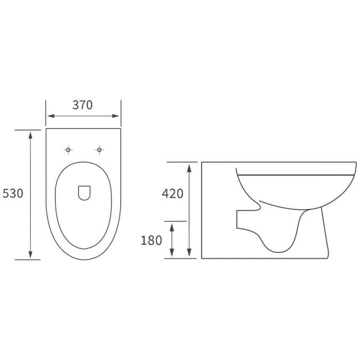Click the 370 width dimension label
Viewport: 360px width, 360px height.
[83, 105]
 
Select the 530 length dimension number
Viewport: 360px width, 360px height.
[13, 194]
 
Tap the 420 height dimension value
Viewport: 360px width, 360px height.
[172, 194]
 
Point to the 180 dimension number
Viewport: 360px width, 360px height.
[151, 241]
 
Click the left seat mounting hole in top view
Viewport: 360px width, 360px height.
[68, 150]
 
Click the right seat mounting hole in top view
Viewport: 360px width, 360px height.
[99, 150]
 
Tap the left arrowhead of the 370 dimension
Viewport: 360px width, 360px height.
[49, 116]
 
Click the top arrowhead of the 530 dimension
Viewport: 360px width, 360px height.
[30, 133]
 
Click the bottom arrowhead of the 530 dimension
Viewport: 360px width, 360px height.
[30, 256]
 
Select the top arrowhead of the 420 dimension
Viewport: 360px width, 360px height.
[189, 165]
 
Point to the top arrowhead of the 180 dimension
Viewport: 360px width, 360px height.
[172, 225]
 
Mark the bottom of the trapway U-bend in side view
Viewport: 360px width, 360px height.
[277, 251]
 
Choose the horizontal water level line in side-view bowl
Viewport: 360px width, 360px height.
[296, 174]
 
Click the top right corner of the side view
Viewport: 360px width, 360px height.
[356, 162]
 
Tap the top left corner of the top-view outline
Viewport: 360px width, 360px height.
[46, 129]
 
